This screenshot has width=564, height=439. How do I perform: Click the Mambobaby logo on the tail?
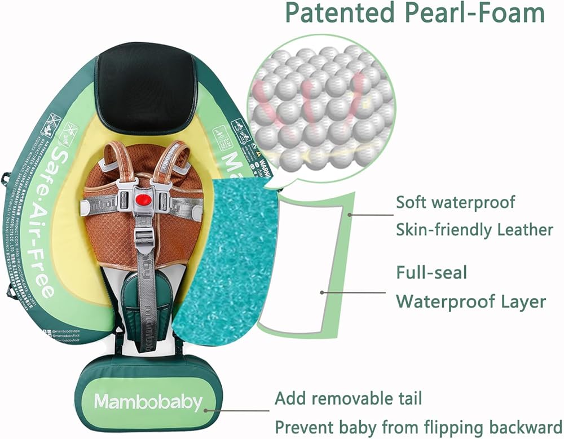tap(148, 402)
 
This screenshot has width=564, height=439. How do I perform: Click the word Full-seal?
tap(431, 273)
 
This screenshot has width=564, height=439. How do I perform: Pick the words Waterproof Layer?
tap(471, 301)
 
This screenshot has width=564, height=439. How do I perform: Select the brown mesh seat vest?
tap(113, 225)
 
